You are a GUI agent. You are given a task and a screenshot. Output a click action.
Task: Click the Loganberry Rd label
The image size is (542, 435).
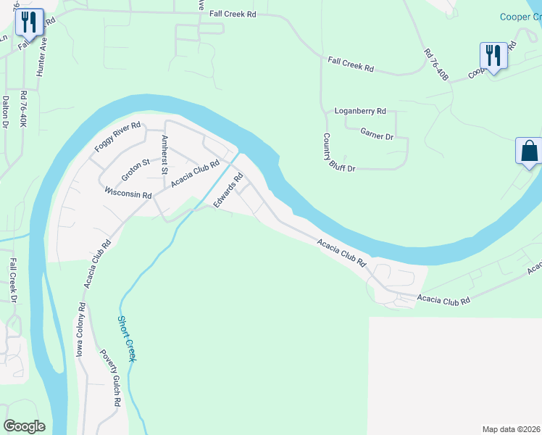tap(359, 112)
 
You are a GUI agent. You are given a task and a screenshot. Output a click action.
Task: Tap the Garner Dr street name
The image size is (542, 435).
tap(377, 136)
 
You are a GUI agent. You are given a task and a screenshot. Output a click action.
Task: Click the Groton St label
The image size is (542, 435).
tap(135, 169)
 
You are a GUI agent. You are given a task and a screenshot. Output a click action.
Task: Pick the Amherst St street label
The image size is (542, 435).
tap(165, 152)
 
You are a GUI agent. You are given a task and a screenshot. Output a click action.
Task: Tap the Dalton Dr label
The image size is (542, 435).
tap(6, 112)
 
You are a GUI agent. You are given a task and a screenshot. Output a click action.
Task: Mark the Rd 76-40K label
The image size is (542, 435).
tap(24, 109)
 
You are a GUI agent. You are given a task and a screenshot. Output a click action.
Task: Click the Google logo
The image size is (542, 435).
tap(24, 426)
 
